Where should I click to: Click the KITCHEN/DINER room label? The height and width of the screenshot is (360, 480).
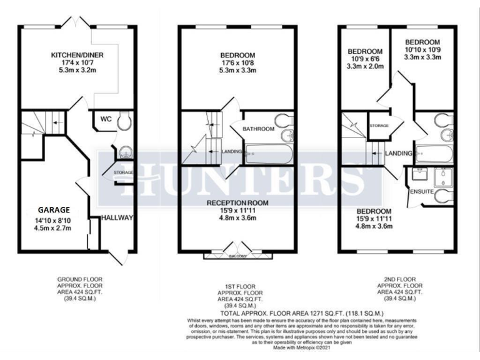77,55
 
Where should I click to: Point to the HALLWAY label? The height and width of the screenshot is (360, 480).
118,218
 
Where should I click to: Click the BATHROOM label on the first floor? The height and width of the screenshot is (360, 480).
259,129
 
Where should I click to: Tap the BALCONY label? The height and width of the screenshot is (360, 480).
237,256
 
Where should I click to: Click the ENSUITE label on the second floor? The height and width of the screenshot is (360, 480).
422,191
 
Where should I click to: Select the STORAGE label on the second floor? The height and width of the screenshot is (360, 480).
379,126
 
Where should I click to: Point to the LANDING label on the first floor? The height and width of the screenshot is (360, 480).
232,152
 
